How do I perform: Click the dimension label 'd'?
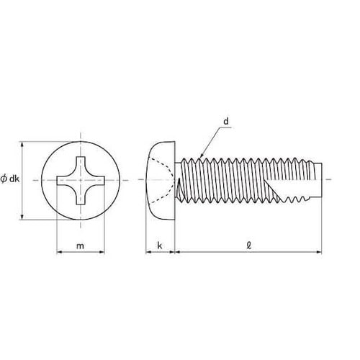point(226,122)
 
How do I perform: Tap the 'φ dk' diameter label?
point(10,179)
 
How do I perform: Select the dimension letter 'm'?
point(80,246)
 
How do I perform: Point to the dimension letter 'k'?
point(160,246)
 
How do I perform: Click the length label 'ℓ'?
point(249,246)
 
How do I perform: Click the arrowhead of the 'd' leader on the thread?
point(201,156)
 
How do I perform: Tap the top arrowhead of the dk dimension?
point(22,144)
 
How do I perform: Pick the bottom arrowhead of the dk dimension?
point(22,217)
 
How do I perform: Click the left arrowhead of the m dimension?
point(59,252)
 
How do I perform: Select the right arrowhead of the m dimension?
point(102,252)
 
